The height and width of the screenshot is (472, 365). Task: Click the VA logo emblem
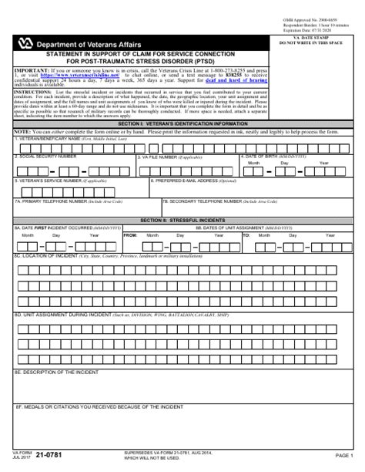pos(25,45)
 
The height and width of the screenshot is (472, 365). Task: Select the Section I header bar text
pos(182,123)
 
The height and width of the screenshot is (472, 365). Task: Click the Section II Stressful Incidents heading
pos(182,220)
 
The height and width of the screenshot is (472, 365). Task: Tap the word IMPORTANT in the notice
pos(31,69)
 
